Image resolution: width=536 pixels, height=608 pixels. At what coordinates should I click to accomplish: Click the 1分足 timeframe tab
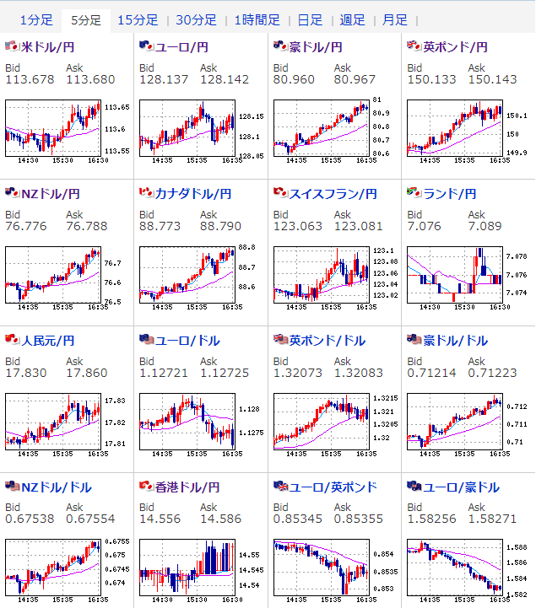[35, 19]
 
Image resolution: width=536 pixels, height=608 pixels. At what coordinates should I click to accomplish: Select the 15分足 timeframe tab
[137, 19]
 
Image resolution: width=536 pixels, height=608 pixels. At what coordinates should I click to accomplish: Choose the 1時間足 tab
[257, 19]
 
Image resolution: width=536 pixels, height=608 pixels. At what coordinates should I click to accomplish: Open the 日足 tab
[310, 19]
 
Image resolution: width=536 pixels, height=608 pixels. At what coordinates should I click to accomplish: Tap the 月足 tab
[394, 19]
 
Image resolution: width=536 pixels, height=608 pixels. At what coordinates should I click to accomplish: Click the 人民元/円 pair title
[48, 341]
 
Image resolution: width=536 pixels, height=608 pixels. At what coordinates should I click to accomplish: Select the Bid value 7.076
[424, 227]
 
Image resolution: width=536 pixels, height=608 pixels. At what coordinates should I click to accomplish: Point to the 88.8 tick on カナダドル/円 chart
[246, 248]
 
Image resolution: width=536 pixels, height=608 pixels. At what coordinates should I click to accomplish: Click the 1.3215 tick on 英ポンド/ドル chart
[384, 397]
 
